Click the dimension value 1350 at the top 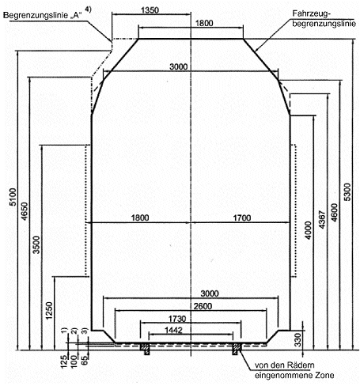pyautogui.click(x=150, y=10)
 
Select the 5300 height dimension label pyautogui.click(x=348, y=192)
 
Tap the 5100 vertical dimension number pyautogui.click(x=13, y=197)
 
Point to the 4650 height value pyautogui.click(x=25, y=211)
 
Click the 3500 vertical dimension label pyautogui.click(x=36, y=245)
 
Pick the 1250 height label pyautogui.click(x=49, y=311)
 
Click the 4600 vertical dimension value pyautogui.click(x=334, y=213)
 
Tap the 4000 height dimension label pyautogui.click(x=308, y=230)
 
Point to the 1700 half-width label pyautogui.click(x=242, y=218)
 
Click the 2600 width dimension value pyautogui.click(x=203, y=306)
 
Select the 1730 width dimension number pyautogui.click(x=177, y=319)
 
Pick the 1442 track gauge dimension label pyautogui.click(x=173, y=331)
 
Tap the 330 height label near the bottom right pyautogui.click(x=297, y=340)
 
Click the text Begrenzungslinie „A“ pyautogui.click(x=43, y=15)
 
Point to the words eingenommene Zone pyautogui.click(x=294, y=375)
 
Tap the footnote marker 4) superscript pyautogui.click(x=88, y=9)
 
